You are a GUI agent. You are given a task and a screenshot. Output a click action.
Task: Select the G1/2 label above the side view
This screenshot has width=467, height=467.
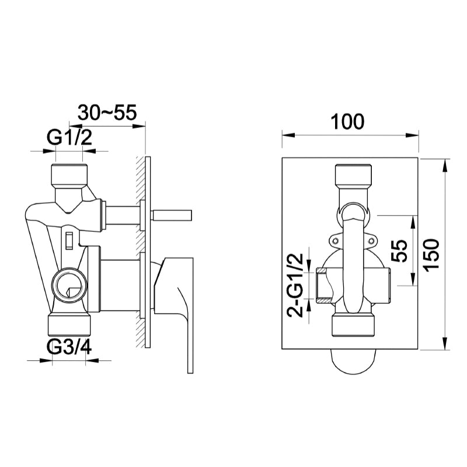69,139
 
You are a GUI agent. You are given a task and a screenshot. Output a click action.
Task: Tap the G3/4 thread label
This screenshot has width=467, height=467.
69,348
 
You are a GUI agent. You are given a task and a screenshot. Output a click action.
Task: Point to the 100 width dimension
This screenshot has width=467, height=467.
348,121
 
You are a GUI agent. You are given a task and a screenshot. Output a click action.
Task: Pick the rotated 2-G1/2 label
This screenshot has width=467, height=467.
297,285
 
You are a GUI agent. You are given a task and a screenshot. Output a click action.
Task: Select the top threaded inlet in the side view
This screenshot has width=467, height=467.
69,174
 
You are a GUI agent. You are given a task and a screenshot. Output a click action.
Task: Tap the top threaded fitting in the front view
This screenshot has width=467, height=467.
353,176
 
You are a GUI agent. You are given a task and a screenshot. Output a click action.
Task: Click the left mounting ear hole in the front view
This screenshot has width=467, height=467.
334,239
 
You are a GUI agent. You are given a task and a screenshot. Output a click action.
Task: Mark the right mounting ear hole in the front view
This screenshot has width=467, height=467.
370,239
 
